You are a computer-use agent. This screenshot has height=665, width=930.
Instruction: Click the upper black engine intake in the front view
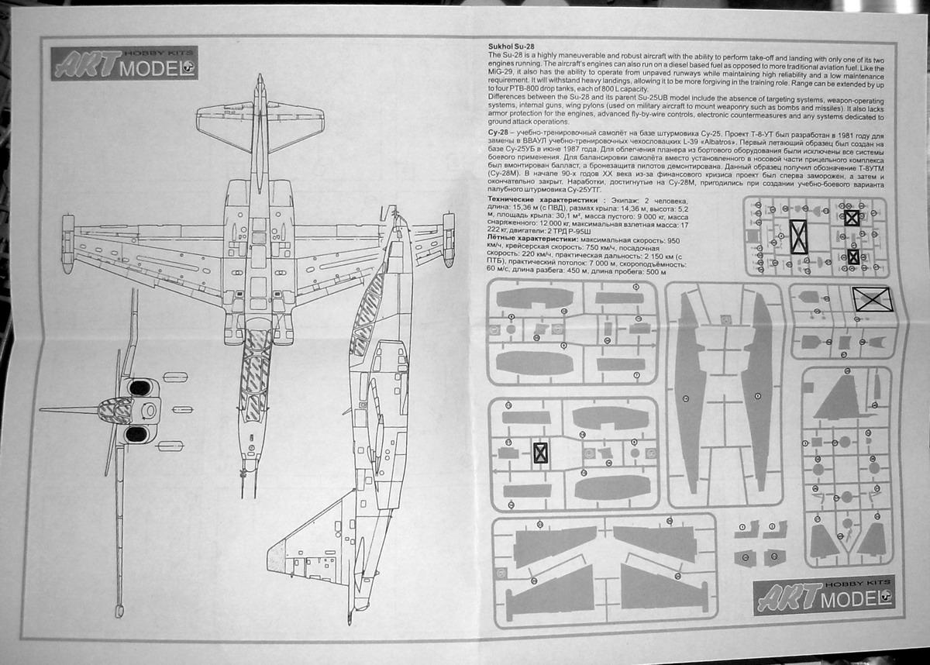pos(137,386)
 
